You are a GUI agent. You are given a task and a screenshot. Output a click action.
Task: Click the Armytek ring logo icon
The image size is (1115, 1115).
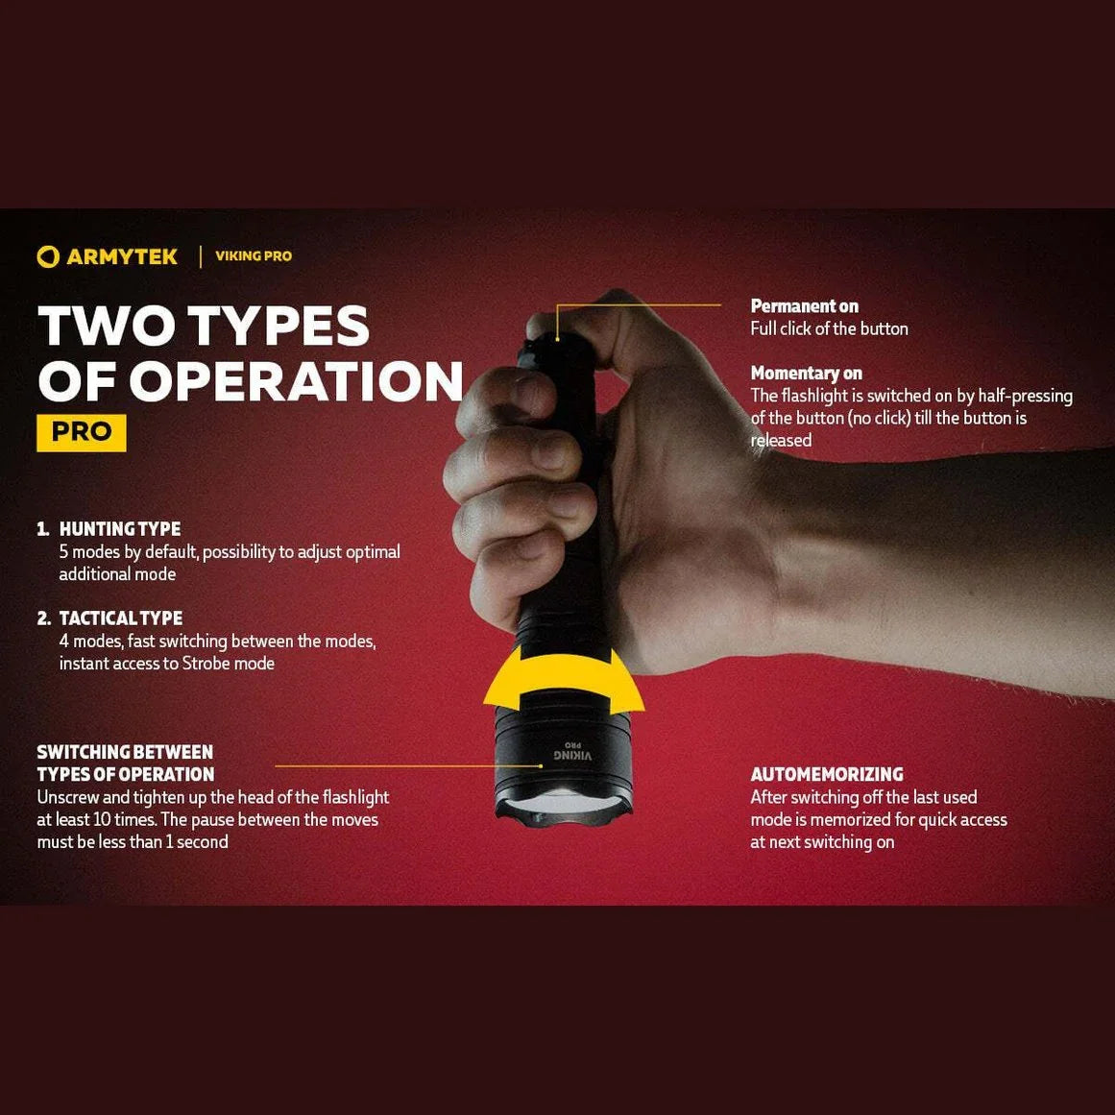48,256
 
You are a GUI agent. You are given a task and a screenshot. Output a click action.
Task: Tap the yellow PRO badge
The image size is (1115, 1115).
81,432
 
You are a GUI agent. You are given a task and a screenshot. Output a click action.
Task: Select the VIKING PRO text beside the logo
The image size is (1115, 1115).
254,256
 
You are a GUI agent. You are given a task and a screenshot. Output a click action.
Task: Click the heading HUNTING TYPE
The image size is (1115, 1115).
119,529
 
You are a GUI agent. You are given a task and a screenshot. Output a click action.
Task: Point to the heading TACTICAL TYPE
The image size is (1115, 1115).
121,618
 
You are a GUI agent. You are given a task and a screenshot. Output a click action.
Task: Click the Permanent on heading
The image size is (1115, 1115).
804,306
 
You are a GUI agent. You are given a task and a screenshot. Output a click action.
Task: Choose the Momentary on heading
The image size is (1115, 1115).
807,374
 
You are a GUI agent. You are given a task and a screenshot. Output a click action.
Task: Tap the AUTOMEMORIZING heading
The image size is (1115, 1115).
827,774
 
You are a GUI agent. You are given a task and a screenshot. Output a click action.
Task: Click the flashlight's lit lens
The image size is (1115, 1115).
563,804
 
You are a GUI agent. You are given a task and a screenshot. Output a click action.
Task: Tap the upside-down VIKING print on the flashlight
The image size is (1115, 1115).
571,755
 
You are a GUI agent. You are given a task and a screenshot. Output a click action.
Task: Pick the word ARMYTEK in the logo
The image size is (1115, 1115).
122,256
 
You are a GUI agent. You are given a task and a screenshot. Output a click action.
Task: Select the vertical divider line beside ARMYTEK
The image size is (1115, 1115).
200,256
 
